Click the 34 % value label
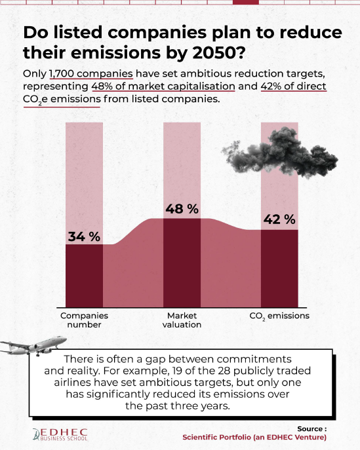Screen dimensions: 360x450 (84, 236)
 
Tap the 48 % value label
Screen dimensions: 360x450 (182, 209)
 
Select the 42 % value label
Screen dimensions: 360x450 (279, 219)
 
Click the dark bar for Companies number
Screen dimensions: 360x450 (84, 276)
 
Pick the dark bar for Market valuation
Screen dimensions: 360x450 (182, 263)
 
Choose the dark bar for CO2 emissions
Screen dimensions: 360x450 (279, 269)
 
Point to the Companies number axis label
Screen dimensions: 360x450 (84, 320)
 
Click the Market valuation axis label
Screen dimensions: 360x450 (182, 320)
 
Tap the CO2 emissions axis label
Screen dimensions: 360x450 (279, 316)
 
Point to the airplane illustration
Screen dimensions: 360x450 (34, 345)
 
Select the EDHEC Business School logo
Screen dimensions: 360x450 (60, 434)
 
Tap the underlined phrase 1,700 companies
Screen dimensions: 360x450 (91, 74)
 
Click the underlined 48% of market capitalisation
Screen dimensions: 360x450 (163, 86)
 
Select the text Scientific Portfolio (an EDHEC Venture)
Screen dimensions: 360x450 (254, 438)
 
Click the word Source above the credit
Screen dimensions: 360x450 (310, 429)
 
